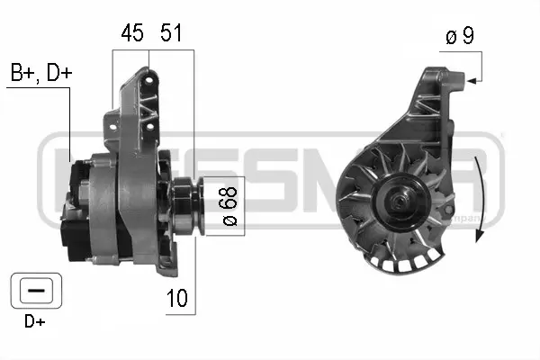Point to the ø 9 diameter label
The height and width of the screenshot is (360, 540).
point(459,39)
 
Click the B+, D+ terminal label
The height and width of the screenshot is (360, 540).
point(40,74)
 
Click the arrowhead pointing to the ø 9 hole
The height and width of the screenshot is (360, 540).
point(471,81)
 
